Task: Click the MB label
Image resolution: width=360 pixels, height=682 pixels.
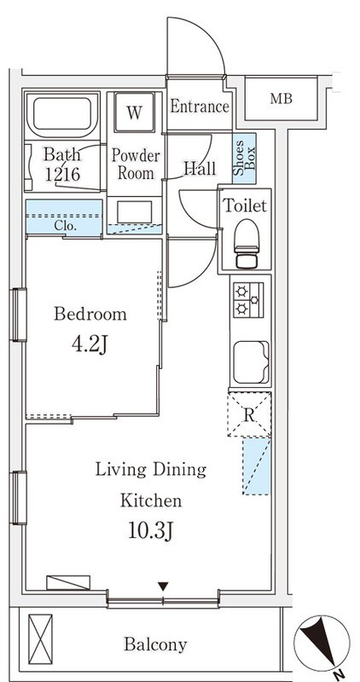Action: [x=281, y=99]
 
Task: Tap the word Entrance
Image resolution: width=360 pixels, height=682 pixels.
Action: [x=200, y=106]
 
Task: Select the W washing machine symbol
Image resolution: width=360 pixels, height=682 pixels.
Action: [x=135, y=113]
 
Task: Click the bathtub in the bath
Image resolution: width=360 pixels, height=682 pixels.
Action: [x=61, y=114]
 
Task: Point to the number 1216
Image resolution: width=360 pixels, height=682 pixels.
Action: [x=62, y=174]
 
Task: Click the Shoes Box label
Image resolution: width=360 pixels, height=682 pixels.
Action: [x=245, y=159]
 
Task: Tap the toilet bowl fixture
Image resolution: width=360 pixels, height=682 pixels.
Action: [x=247, y=243]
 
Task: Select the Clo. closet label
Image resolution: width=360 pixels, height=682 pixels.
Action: [x=67, y=226]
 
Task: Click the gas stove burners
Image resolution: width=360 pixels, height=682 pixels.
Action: [x=248, y=300]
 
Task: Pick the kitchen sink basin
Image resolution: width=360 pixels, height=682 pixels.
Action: [x=251, y=361]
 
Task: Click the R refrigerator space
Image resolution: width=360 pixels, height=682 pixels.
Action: [x=249, y=414]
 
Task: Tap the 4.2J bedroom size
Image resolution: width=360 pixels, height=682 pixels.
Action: [x=90, y=345]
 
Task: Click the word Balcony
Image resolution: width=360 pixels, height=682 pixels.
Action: [x=155, y=644]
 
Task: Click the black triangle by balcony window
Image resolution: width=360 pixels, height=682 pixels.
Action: [x=163, y=587]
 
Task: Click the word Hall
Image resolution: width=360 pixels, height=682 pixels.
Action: [x=200, y=168]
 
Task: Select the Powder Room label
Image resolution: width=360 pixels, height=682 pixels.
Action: [x=136, y=165]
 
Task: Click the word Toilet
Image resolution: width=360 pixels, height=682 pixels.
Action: [x=245, y=205]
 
